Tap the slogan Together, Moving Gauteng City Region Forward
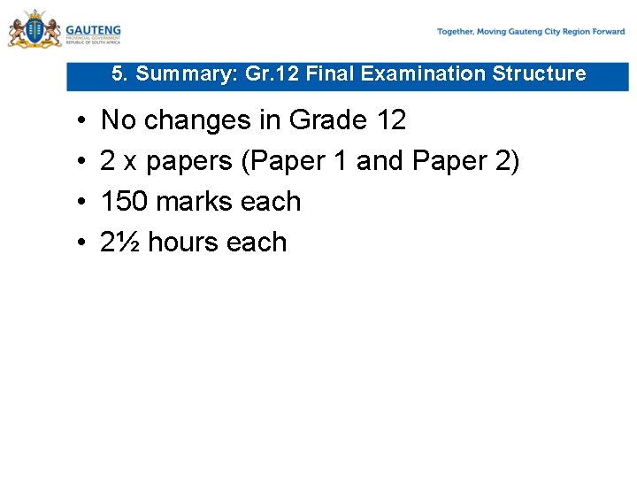pos(531,32)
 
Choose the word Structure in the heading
pos(539,74)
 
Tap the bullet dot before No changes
pos(81,119)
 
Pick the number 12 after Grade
pos(388,119)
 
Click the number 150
pos(125,202)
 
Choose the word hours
pos(184,243)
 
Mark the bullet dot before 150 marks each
pos(81,202)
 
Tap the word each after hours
pos(257,243)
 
